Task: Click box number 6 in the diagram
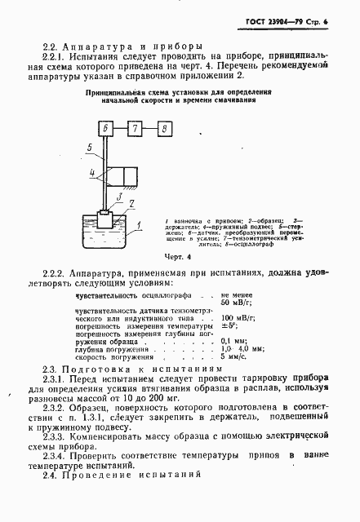[x=106, y=130]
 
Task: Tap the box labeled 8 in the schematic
[x=166, y=130]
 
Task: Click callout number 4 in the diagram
[x=94, y=173]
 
